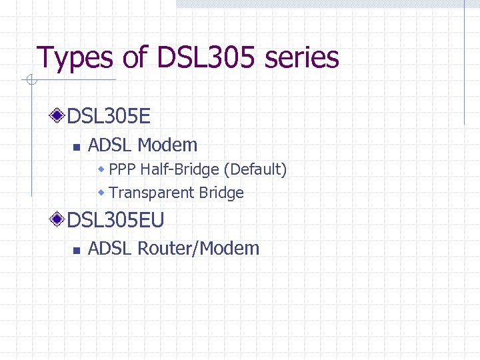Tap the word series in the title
tap(302, 59)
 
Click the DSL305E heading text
tap(109, 117)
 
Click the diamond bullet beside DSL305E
tap(58, 117)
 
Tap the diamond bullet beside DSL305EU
tap(58, 219)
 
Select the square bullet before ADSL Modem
tap(76, 147)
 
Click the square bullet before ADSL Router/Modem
tap(76, 250)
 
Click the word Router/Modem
tap(198, 249)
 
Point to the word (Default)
tap(255, 170)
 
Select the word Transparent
tap(151, 193)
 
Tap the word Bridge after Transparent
tap(221, 193)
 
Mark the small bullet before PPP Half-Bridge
tap(101, 170)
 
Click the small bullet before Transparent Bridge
tap(101, 193)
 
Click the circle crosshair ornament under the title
tap(29, 81)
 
